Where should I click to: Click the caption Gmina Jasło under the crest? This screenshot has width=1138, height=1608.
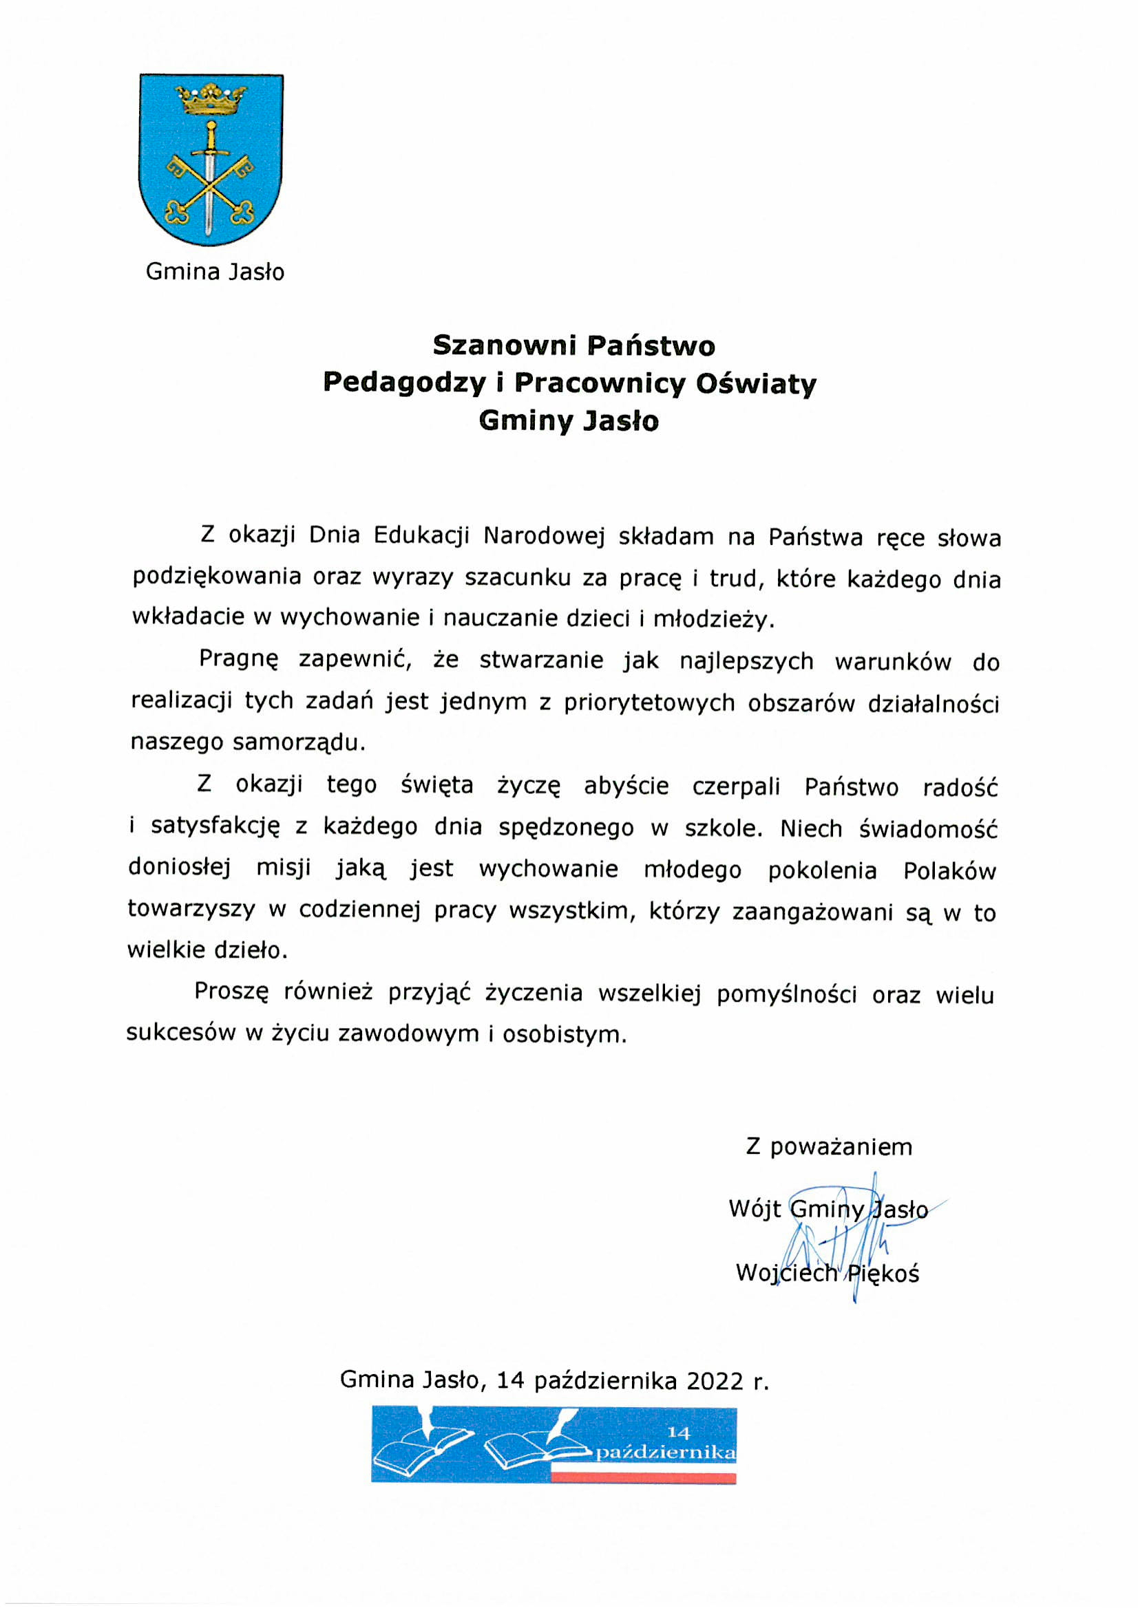tap(215, 272)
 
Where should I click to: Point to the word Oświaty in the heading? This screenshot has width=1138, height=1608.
tap(756, 383)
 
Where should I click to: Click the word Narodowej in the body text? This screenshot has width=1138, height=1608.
tap(544, 536)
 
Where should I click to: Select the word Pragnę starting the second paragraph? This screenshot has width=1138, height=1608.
tap(239, 661)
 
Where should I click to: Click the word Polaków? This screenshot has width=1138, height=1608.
tap(949, 870)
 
